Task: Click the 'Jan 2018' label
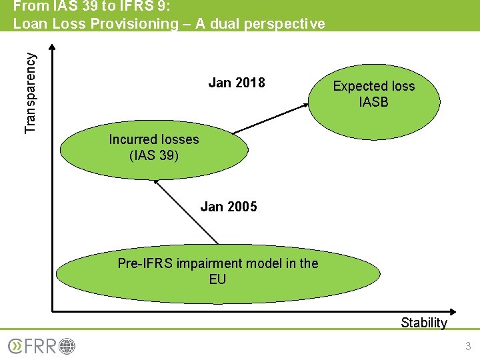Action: [x=237, y=83]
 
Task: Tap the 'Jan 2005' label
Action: [x=229, y=207]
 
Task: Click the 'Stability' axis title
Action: [x=424, y=323]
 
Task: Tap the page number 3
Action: [x=468, y=346]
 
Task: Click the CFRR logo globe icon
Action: [x=67, y=346]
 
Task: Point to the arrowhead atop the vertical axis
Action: [x=53, y=48]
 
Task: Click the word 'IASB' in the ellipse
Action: [x=373, y=102]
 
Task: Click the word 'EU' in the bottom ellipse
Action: [x=218, y=279]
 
